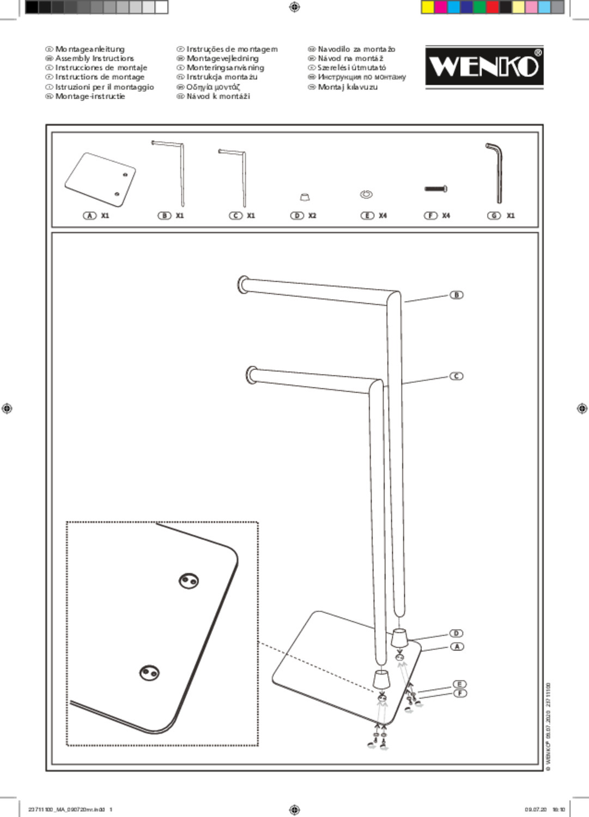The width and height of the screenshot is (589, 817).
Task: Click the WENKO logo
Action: tap(484, 66)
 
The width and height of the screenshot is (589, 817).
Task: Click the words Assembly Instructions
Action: tap(94, 58)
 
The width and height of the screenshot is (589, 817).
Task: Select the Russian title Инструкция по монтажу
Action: tap(362, 77)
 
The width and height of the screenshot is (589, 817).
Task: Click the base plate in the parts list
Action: tap(100, 179)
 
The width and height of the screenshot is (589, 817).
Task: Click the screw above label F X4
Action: tap(436, 189)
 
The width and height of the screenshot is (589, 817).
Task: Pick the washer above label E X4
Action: tap(366, 194)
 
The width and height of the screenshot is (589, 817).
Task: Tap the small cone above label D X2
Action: tap(305, 197)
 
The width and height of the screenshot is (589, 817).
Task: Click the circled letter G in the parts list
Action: tap(494, 216)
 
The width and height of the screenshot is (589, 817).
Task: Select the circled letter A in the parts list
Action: tap(90, 216)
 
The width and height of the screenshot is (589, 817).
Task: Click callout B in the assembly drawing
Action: tap(457, 295)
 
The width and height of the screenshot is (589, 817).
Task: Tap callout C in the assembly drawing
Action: tap(457, 376)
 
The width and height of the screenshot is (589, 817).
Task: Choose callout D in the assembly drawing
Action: tap(457, 633)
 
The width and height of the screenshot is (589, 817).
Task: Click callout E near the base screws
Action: tap(459, 685)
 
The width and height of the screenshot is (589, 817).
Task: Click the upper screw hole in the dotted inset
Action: tap(189, 581)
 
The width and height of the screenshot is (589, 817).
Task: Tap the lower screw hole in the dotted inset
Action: tap(149, 673)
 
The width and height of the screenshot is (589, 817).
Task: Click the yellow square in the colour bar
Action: tap(428, 7)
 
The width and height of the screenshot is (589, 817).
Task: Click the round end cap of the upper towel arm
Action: tap(242, 285)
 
